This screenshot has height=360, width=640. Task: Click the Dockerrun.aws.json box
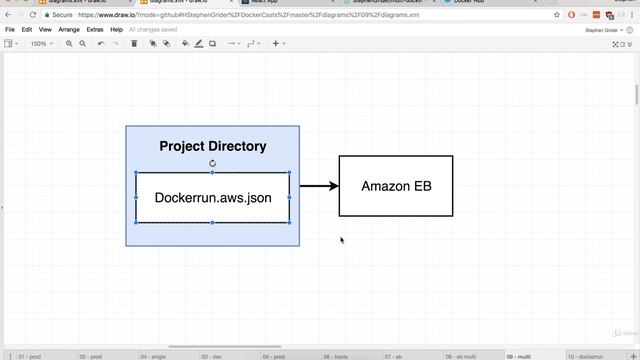[213, 198]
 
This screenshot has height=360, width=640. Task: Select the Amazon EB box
[396, 186]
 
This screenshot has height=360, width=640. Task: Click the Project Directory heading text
[213, 146]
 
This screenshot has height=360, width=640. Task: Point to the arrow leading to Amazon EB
[319, 186]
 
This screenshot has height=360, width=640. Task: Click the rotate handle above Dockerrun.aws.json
[213, 163]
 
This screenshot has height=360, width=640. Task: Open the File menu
[10, 30]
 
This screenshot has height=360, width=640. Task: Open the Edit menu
[27, 30]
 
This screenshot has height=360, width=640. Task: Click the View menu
[45, 30]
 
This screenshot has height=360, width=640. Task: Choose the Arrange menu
[69, 30]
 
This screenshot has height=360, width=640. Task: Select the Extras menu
[95, 30]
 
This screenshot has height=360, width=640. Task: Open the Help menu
[117, 30]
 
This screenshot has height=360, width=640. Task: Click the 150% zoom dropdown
[40, 44]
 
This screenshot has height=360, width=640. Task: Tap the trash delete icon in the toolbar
[134, 44]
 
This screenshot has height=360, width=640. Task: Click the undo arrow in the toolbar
[101, 44]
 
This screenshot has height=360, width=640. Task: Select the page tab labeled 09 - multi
[519, 356]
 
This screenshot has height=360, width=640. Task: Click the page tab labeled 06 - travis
[335, 356]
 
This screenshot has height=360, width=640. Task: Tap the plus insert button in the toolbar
[276, 44]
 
